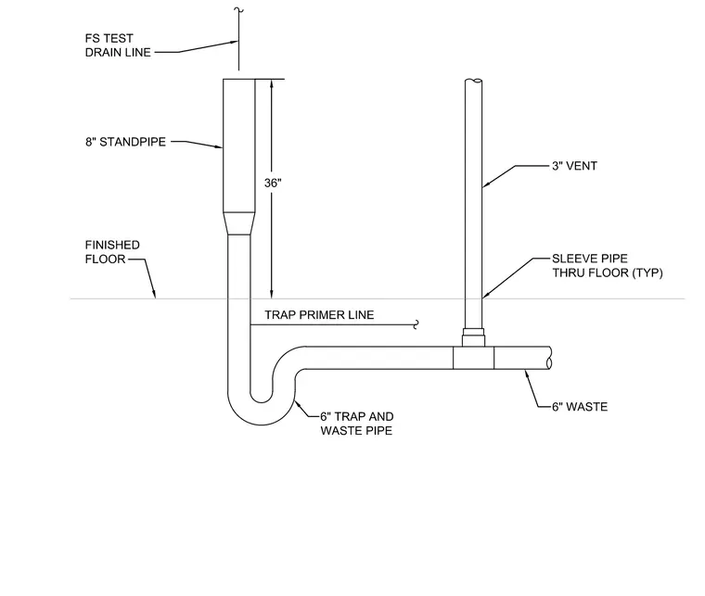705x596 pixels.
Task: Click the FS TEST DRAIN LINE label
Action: coord(118,45)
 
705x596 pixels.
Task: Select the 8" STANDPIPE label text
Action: coord(125,142)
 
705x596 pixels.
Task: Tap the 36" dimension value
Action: coord(273,183)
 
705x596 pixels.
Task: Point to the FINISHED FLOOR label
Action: coord(112,252)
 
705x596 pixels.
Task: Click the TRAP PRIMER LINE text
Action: coord(319,315)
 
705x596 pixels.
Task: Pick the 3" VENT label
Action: coord(574,166)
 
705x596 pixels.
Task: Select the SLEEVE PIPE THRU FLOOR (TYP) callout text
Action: coord(608,265)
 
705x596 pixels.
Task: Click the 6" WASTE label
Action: coord(580,407)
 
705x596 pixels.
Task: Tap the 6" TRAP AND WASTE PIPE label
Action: coord(357,424)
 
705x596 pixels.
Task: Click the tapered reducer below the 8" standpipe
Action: coord(239,223)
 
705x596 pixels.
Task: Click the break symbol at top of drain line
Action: coord(238,10)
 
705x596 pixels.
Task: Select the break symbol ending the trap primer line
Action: coord(417,324)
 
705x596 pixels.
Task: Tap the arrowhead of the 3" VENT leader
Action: coord(486,184)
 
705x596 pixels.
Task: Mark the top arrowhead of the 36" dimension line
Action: coord(271,84)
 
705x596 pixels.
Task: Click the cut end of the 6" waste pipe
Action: coord(549,358)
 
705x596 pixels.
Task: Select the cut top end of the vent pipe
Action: coord(473,82)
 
